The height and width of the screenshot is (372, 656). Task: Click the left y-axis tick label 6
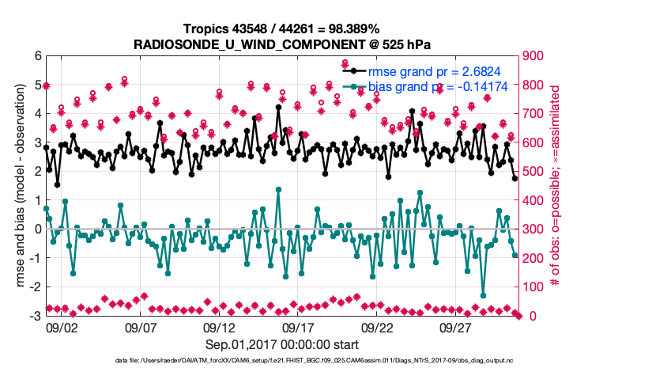click(37, 56)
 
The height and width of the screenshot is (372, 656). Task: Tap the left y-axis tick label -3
click(35, 316)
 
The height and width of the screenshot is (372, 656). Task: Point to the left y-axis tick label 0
click(37, 230)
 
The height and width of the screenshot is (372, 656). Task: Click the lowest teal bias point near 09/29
click(483, 294)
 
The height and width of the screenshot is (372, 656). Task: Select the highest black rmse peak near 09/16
click(278, 108)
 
